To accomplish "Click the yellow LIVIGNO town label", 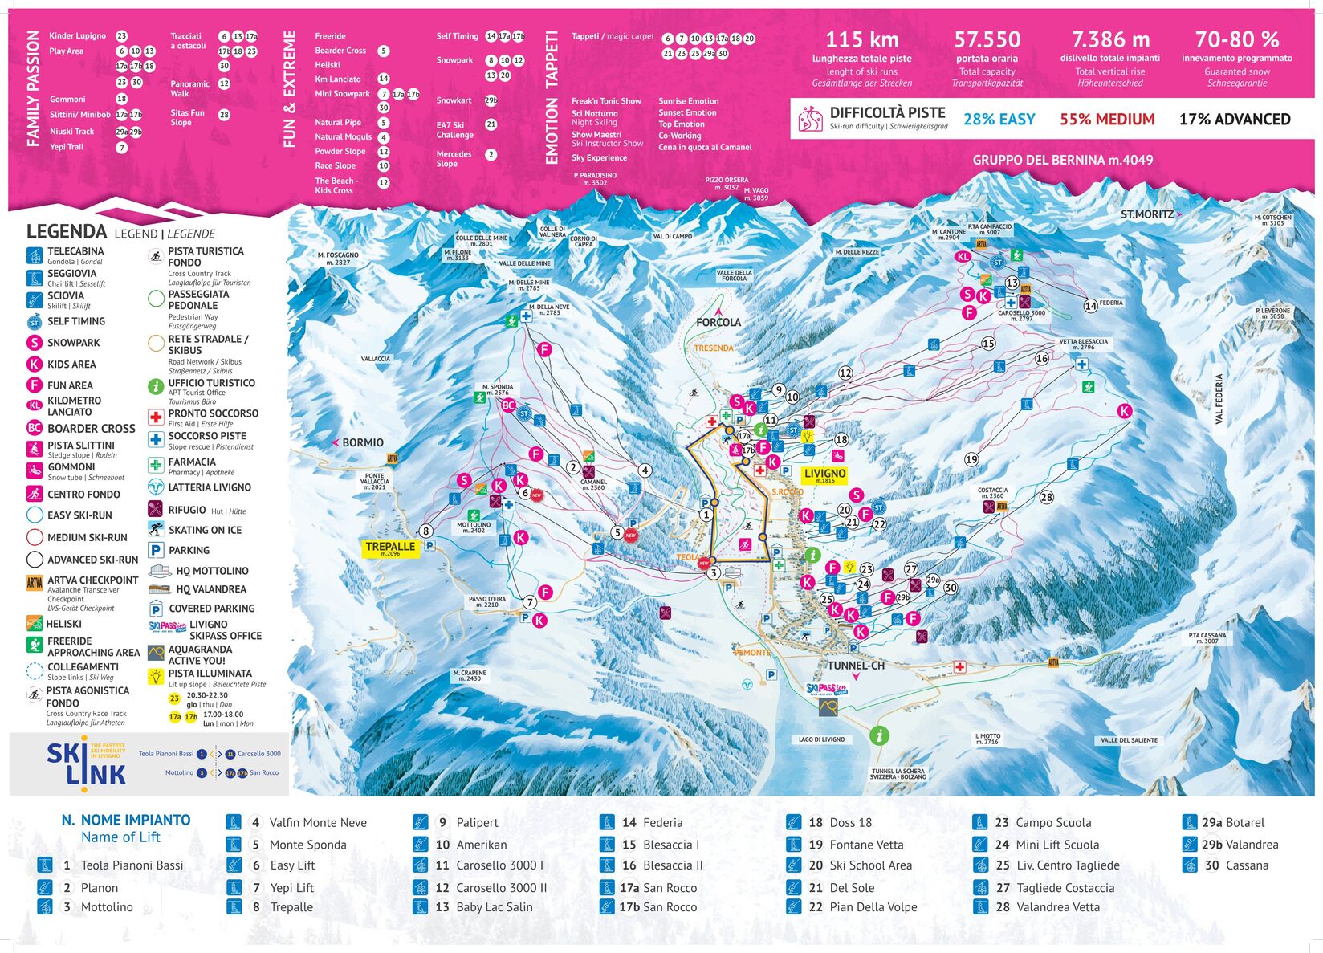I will [x=824, y=474].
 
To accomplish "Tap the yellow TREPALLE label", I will [x=390, y=548].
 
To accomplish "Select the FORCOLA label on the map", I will [x=718, y=323].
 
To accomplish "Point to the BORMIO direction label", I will [x=362, y=442].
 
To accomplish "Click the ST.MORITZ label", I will [x=1147, y=214].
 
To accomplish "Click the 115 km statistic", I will [x=861, y=39].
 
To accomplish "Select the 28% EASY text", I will [x=999, y=120].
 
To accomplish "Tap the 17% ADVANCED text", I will [x=1234, y=120].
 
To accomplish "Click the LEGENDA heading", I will [x=67, y=232].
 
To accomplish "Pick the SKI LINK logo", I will [x=85, y=762].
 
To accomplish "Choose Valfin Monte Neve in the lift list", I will [x=318, y=822].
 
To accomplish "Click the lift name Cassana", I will [x=1247, y=865].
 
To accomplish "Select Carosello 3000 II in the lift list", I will [x=501, y=888].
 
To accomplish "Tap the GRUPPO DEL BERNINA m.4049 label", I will [x=1062, y=160].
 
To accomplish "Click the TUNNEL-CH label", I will [x=856, y=666].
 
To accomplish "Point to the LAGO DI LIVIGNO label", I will [x=821, y=739].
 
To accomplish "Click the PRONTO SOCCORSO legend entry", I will [x=213, y=413].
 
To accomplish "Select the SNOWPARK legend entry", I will [x=73, y=343].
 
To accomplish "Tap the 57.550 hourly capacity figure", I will [x=987, y=39].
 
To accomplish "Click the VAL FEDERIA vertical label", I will [x=1219, y=399].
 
